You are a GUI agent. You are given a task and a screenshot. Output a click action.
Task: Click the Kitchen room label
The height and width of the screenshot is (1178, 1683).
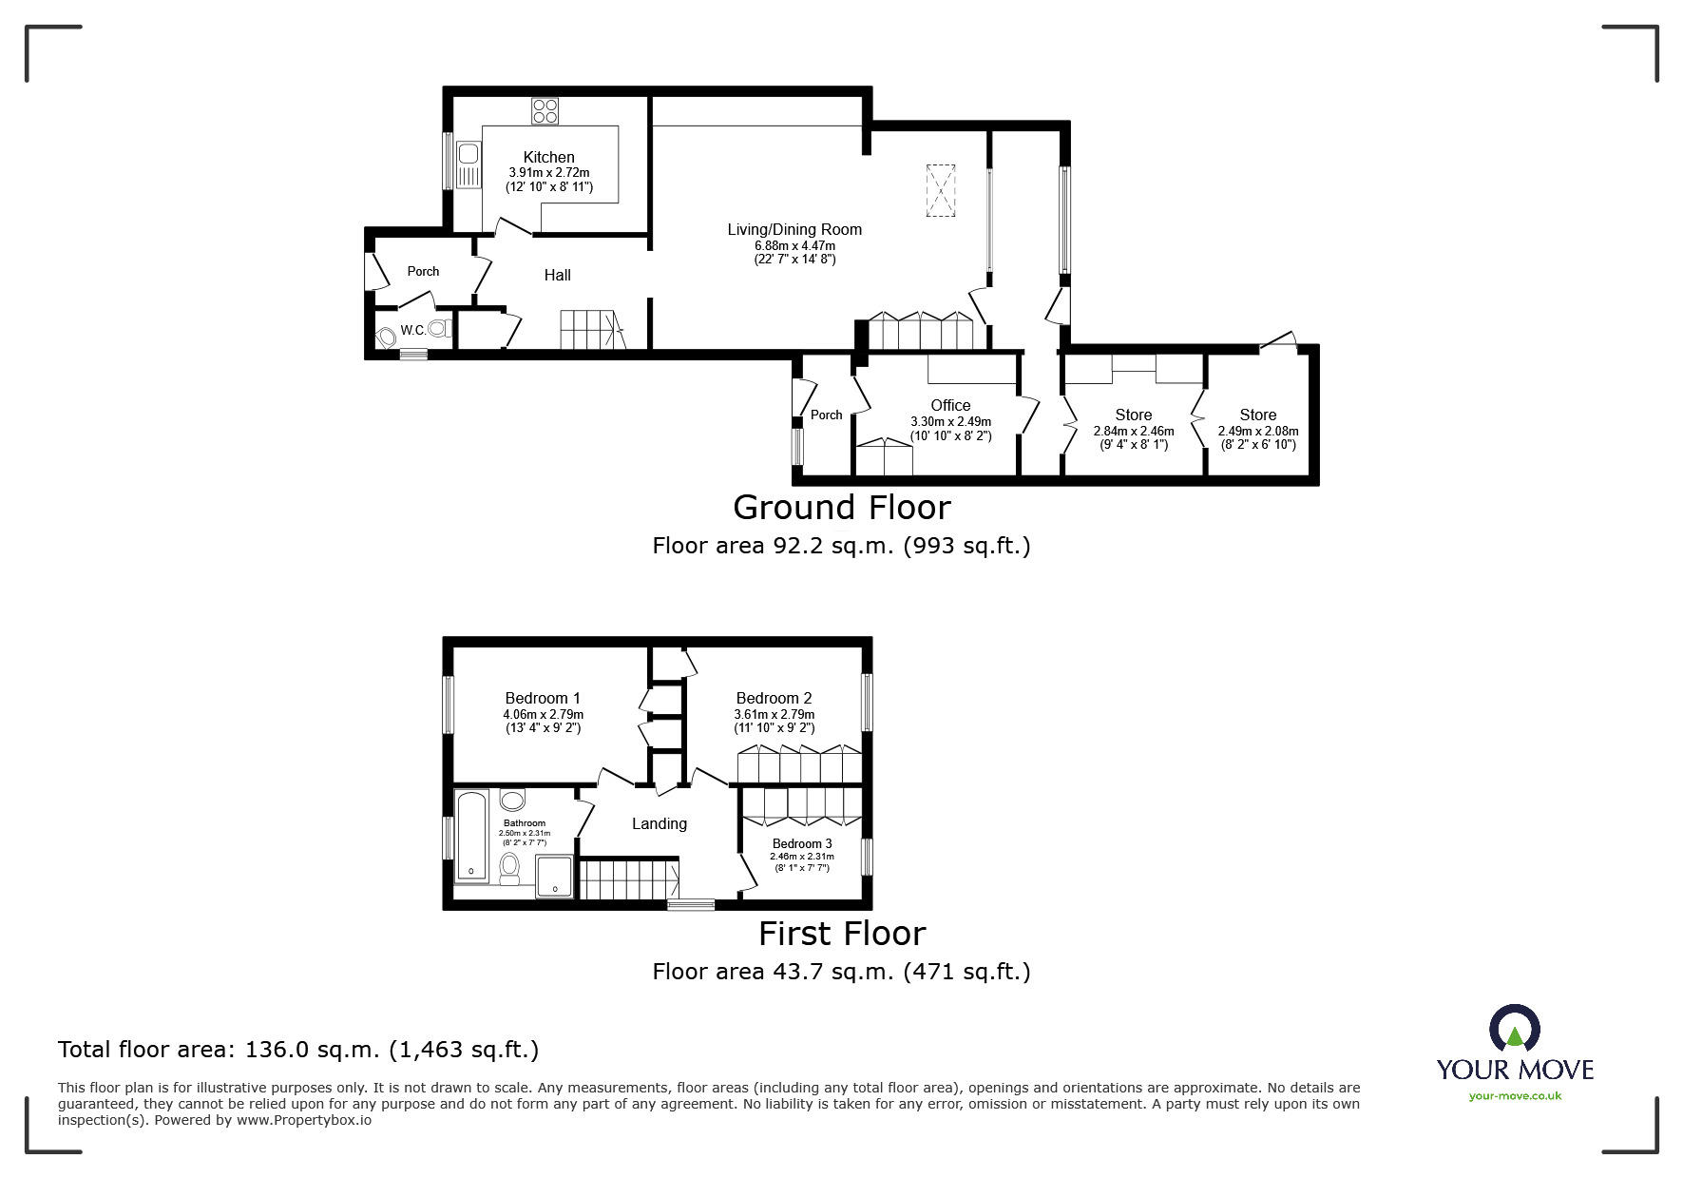(x=548, y=157)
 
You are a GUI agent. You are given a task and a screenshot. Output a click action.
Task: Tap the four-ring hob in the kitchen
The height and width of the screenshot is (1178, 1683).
(x=545, y=111)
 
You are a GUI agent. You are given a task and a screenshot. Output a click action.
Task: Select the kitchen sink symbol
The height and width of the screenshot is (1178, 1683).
(x=469, y=164)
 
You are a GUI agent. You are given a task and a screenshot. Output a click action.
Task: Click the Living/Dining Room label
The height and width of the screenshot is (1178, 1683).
(x=794, y=229)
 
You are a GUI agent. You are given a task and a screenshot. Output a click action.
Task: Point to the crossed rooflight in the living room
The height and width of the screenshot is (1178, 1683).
(x=940, y=191)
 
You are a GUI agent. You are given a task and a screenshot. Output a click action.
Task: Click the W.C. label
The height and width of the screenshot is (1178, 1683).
(x=412, y=331)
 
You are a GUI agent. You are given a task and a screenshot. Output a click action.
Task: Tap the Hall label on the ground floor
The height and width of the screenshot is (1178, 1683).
(x=557, y=275)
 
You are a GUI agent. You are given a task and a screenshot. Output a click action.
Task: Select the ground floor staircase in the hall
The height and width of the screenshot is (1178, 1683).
(x=590, y=329)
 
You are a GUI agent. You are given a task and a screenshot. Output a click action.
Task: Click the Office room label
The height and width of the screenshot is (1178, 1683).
(x=950, y=405)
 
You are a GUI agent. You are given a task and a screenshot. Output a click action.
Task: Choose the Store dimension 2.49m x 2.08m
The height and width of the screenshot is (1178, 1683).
(x=1257, y=431)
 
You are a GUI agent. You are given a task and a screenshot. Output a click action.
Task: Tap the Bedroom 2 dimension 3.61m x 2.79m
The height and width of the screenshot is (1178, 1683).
(x=774, y=714)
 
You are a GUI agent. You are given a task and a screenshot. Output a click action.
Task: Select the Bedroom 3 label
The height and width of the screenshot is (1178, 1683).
(x=801, y=843)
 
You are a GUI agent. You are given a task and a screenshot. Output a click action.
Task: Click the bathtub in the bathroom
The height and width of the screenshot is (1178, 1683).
(x=471, y=836)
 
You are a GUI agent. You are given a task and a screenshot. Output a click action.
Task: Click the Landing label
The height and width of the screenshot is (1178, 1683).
(x=659, y=823)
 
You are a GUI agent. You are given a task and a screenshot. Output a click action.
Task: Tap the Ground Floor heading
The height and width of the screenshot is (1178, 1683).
(x=841, y=507)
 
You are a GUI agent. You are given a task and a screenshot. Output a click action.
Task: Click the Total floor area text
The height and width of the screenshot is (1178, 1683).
(x=298, y=1050)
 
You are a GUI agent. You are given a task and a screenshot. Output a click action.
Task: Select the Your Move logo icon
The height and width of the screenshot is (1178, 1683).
(x=1514, y=1030)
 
